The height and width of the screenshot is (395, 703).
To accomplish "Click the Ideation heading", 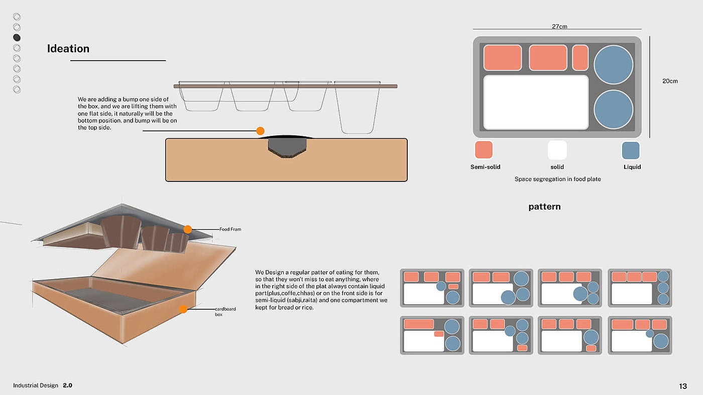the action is (68, 49).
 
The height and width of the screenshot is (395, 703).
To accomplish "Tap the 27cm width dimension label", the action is (559, 27).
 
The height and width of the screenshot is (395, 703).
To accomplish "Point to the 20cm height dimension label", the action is (670, 81).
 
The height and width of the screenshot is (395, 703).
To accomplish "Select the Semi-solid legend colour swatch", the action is (484, 150).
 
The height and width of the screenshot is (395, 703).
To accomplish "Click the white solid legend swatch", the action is (557, 150).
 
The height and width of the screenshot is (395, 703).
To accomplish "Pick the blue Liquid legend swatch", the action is (631, 150).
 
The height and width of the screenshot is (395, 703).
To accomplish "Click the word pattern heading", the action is (544, 206).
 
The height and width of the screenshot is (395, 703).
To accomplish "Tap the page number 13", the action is (683, 386).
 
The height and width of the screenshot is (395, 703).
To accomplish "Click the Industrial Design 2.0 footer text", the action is (43, 385).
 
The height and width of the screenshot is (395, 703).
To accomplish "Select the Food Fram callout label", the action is (230, 229).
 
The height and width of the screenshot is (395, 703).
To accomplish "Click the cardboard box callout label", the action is (225, 311).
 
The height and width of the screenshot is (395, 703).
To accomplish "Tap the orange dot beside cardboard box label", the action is (183, 309).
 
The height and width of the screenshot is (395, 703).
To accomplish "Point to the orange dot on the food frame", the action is (188, 229).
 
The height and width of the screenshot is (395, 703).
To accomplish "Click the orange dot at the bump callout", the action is (260, 131).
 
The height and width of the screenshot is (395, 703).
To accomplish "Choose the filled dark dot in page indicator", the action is (17, 38).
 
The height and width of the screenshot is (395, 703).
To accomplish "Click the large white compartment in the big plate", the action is (536, 102).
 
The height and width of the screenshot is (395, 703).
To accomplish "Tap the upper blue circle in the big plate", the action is (613, 65).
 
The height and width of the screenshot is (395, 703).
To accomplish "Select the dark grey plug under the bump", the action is (287, 146).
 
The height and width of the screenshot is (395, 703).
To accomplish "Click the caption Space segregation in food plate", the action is (557, 179).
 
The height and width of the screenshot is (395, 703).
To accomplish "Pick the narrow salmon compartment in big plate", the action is (580, 58).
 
